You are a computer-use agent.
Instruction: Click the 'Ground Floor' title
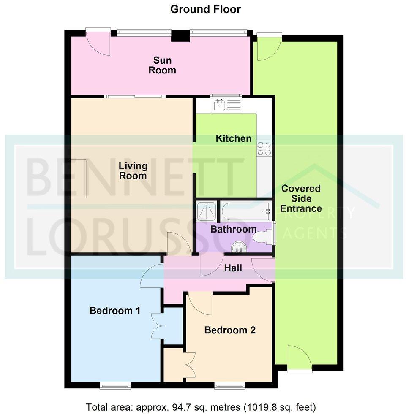(205, 9)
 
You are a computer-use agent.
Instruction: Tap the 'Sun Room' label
(162, 65)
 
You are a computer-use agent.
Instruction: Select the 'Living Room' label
(133, 170)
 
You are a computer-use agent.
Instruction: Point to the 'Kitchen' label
(234, 138)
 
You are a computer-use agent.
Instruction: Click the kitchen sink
(219, 105)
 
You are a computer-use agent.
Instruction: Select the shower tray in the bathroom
(207, 211)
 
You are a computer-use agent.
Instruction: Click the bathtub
(245, 209)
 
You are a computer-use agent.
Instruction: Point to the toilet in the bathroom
(262, 238)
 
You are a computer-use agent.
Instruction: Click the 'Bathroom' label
(233, 230)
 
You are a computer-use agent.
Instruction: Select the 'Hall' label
(233, 268)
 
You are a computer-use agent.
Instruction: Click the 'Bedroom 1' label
(115, 311)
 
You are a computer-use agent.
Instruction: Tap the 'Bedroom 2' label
(230, 330)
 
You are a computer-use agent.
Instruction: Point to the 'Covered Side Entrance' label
(300, 198)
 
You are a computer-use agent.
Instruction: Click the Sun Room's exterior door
(98, 43)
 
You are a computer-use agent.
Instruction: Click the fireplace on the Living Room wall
(79, 179)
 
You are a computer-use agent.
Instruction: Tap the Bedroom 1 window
(115, 385)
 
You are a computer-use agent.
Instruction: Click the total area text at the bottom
(201, 408)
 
